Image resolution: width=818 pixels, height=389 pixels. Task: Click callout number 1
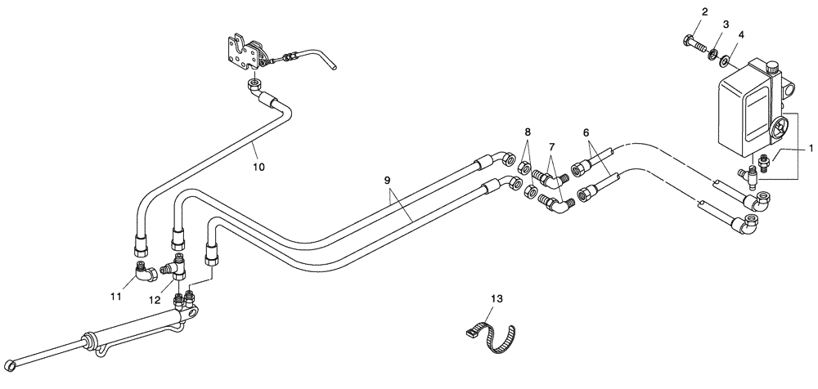[x=811, y=150]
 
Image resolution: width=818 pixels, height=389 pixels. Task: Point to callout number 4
[x=741, y=35]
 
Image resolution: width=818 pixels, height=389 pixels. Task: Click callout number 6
[x=586, y=132]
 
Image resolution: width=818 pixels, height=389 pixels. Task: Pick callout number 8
[x=528, y=132]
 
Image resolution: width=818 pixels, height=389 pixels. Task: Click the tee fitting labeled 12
[x=175, y=264]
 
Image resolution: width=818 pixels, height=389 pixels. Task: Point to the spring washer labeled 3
[x=714, y=54]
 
